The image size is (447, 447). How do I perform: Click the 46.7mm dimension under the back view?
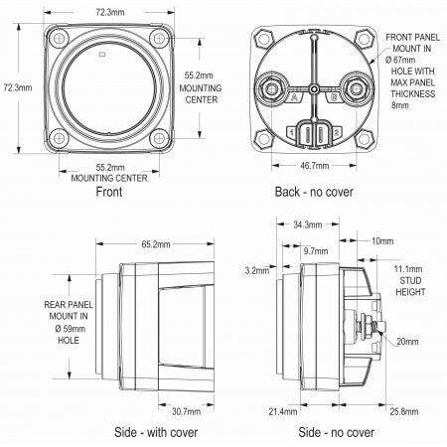tap(314, 166)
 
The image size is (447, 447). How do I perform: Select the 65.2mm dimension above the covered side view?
tap(156, 244)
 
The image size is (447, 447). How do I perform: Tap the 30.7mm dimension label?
tap(186, 411)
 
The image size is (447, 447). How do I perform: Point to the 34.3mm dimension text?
tap(308, 224)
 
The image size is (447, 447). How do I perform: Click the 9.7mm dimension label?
tap(316, 251)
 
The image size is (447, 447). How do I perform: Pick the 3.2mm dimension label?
tap(257, 270)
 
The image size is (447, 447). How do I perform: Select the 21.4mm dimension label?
tap(283, 411)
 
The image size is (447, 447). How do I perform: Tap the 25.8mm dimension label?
tap(404, 411)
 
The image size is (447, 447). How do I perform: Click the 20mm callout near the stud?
tap(407, 342)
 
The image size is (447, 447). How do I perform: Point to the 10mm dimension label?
tap(382, 241)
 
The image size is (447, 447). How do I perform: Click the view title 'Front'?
tap(109, 192)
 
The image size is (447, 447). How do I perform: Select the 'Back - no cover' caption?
tap(314, 192)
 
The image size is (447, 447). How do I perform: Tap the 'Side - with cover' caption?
tap(156, 432)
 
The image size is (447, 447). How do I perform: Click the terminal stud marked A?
tap(272, 88)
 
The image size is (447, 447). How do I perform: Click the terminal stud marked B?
tap(356, 88)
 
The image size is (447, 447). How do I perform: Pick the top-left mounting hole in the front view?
tap(59, 39)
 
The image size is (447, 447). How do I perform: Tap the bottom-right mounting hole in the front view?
tap(159, 138)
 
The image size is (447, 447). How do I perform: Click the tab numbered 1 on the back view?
tap(291, 133)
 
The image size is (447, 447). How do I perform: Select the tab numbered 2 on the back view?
tap(336, 133)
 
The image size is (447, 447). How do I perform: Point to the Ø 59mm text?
tap(70, 329)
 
